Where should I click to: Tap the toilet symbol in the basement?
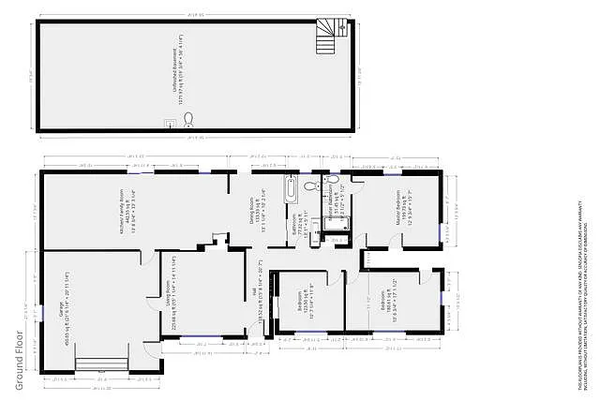[x=188, y=119]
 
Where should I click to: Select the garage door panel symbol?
[x=100, y=365]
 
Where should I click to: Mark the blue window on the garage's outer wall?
[x=41, y=309]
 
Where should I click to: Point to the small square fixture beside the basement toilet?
[x=170, y=122]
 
